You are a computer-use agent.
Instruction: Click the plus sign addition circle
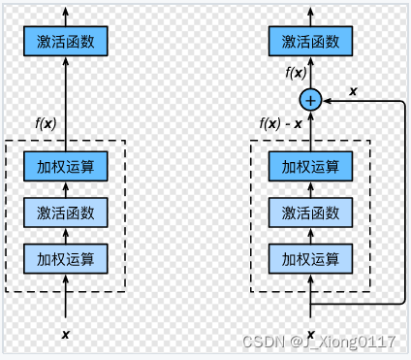click(310, 98)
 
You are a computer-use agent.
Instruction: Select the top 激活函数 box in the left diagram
click(66, 41)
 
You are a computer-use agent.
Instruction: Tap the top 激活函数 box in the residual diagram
click(310, 41)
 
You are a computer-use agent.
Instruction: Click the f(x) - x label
click(280, 122)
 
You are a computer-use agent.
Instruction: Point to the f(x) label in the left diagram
click(48, 122)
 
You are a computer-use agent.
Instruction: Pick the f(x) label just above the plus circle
click(296, 73)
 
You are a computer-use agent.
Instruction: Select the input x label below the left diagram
click(66, 334)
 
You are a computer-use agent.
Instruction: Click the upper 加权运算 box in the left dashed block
click(66, 166)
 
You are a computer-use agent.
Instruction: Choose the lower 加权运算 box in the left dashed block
click(66, 258)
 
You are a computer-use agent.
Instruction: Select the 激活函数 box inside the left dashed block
click(66, 212)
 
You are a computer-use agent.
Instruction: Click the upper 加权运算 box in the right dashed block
click(310, 166)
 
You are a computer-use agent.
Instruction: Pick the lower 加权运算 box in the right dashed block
click(310, 258)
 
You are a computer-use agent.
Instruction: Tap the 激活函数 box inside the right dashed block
click(310, 212)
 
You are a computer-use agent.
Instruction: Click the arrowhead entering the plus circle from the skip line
click(326, 98)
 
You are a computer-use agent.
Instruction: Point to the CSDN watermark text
click(319, 342)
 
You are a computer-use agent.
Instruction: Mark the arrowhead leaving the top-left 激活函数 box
click(66, 10)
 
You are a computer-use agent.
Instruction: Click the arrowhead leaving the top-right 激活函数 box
click(310, 10)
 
